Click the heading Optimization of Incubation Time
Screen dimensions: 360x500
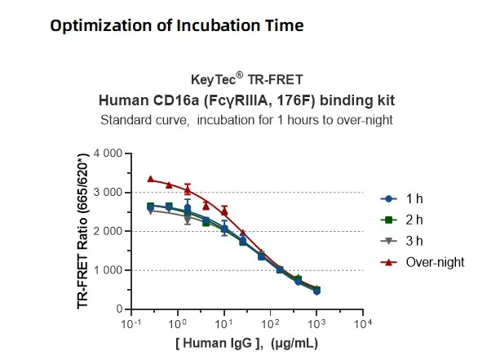click(176, 26)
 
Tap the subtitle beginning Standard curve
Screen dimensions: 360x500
click(246, 120)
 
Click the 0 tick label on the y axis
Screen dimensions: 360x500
click(118, 309)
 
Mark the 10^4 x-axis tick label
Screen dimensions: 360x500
click(364, 324)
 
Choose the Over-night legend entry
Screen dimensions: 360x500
click(424, 262)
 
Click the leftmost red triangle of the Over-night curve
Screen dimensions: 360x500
click(150, 179)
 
